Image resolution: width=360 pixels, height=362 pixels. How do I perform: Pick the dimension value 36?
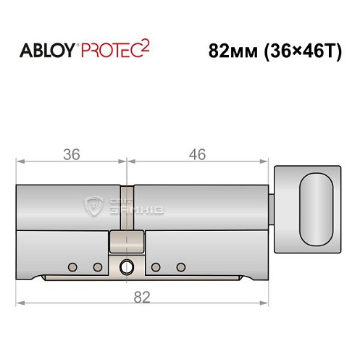(71, 154)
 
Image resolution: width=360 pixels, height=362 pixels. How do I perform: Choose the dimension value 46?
(196, 154)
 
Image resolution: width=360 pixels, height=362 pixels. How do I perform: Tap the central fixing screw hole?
(127, 266)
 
